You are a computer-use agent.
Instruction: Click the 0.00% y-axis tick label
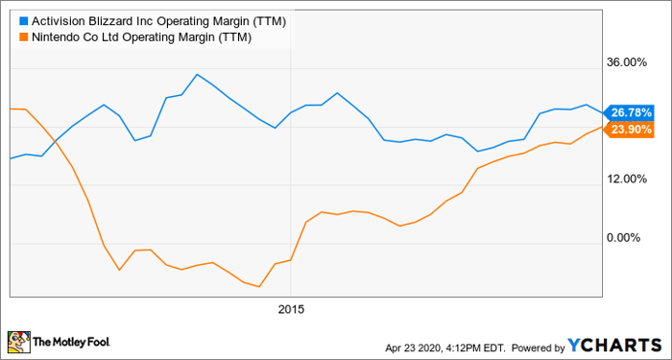636,238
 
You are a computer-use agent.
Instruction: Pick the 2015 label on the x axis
291,309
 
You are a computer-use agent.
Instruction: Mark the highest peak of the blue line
197,74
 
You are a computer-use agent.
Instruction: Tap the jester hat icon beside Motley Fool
18,341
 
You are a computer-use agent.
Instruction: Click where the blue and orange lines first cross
55,141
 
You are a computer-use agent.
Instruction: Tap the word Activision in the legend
61,19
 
